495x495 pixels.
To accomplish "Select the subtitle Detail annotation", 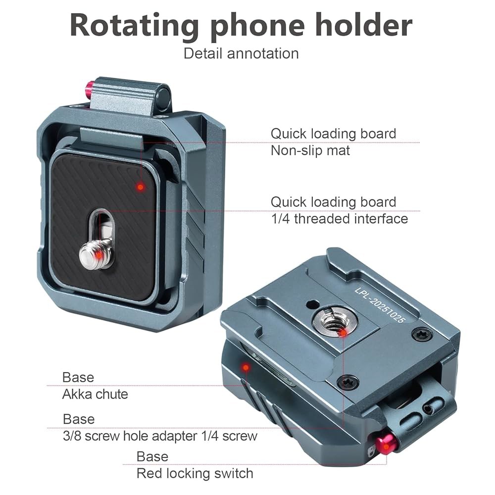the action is [241, 53].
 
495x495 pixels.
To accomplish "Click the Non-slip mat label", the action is [310, 150].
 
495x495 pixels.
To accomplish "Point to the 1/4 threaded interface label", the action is [340, 219].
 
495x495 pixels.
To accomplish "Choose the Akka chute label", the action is [95, 394].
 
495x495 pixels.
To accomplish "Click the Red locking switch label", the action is [195, 474].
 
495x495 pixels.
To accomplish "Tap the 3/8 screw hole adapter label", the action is [160, 436].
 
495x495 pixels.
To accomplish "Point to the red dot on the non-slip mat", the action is [140, 187].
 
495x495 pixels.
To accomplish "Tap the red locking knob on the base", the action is [386, 444].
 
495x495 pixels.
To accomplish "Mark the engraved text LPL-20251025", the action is [380, 305].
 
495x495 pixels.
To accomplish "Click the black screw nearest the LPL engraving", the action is [422, 334].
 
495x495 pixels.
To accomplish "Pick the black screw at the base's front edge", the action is [348, 383].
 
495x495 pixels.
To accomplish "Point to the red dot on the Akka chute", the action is [246, 367].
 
